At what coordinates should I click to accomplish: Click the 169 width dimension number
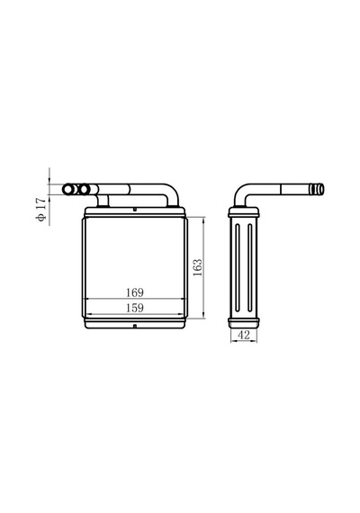(x=135, y=292)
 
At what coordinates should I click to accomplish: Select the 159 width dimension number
(x=135, y=308)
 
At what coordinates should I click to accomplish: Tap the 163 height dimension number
(x=197, y=267)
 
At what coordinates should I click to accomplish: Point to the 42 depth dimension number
(x=244, y=335)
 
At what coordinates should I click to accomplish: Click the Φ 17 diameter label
(x=41, y=210)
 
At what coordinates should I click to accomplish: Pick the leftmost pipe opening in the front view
(x=68, y=189)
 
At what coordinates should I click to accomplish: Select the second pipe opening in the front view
(x=85, y=189)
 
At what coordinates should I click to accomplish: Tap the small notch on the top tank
(x=134, y=209)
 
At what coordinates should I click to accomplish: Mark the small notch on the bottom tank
(x=134, y=326)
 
